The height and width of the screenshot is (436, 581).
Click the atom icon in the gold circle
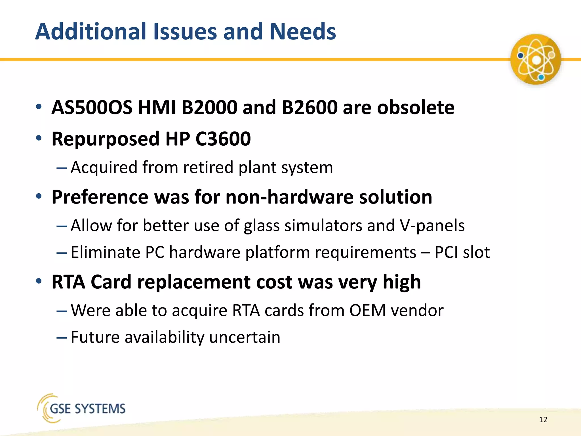535,60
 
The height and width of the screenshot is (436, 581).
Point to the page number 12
543,420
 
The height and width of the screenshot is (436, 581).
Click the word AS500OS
92,108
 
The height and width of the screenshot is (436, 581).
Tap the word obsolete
416,108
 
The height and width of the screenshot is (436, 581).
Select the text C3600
223,139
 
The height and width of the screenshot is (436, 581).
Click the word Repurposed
106,139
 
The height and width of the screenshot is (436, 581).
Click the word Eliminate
105,252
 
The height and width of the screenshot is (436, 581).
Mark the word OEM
368,310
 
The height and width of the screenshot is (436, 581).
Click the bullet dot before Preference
39,196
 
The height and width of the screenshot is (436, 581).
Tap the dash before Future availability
62,338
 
